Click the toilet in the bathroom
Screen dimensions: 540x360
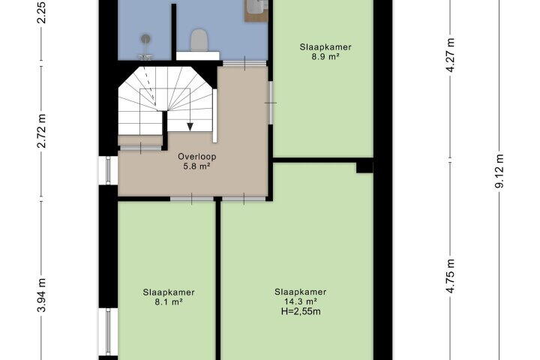coord(199,40)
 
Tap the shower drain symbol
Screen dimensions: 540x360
coord(145,39)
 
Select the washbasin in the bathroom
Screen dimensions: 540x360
coord(256,8)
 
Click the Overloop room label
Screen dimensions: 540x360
coord(197,157)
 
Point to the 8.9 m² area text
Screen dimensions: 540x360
coord(325,56)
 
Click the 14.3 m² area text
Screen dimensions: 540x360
coord(300,301)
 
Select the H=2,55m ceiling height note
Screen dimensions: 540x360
coord(301,311)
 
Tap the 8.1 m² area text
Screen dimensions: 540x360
coord(169,302)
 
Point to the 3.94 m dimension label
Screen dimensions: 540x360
coord(41,295)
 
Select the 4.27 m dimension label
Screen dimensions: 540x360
coord(451,54)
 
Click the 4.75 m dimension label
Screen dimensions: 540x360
coord(451,276)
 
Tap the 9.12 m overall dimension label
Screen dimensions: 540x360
coord(499,171)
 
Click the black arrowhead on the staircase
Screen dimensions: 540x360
coord(190,127)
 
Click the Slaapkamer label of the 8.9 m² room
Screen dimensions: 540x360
coord(325,47)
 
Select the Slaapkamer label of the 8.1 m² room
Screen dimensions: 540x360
coord(169,292)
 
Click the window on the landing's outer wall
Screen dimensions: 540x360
coord(108,170)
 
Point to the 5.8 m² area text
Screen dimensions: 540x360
coord(197,166)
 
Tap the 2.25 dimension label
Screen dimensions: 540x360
coord(41,12)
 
